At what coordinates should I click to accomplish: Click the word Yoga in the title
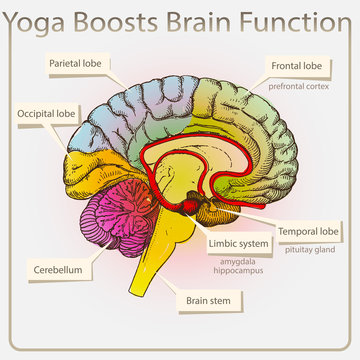point(38,21)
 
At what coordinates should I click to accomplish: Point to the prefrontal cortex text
point(298,87)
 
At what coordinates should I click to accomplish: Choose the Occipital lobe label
point(46,115)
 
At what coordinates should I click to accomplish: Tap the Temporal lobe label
point(309,232)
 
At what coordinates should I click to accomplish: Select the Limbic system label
point(237,243)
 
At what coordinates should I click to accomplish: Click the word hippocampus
point(237,270)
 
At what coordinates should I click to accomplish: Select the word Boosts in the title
point(118,21)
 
